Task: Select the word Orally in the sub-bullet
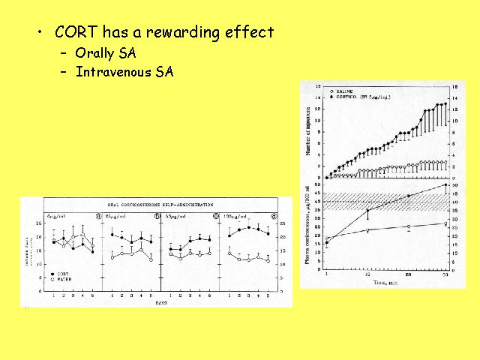pyautogui.click(x=95, y=54)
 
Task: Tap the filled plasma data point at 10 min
pyautogui.click(x=367, y=211)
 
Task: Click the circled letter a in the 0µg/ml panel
pyautogui.click(x=97, y=217)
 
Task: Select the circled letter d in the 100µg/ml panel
pyautogui.click(x=274, y=217)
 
